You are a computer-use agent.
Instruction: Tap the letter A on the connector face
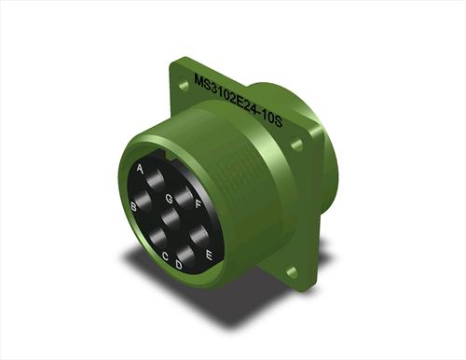click(140, 169)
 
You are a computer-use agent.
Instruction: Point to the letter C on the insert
click(165, 256)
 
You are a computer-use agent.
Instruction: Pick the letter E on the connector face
click(209, 253)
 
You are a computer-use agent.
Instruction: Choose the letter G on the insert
click(169, 198)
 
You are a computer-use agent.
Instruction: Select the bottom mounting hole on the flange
click(292, 271)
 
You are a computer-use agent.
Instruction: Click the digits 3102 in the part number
click(223, 96)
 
